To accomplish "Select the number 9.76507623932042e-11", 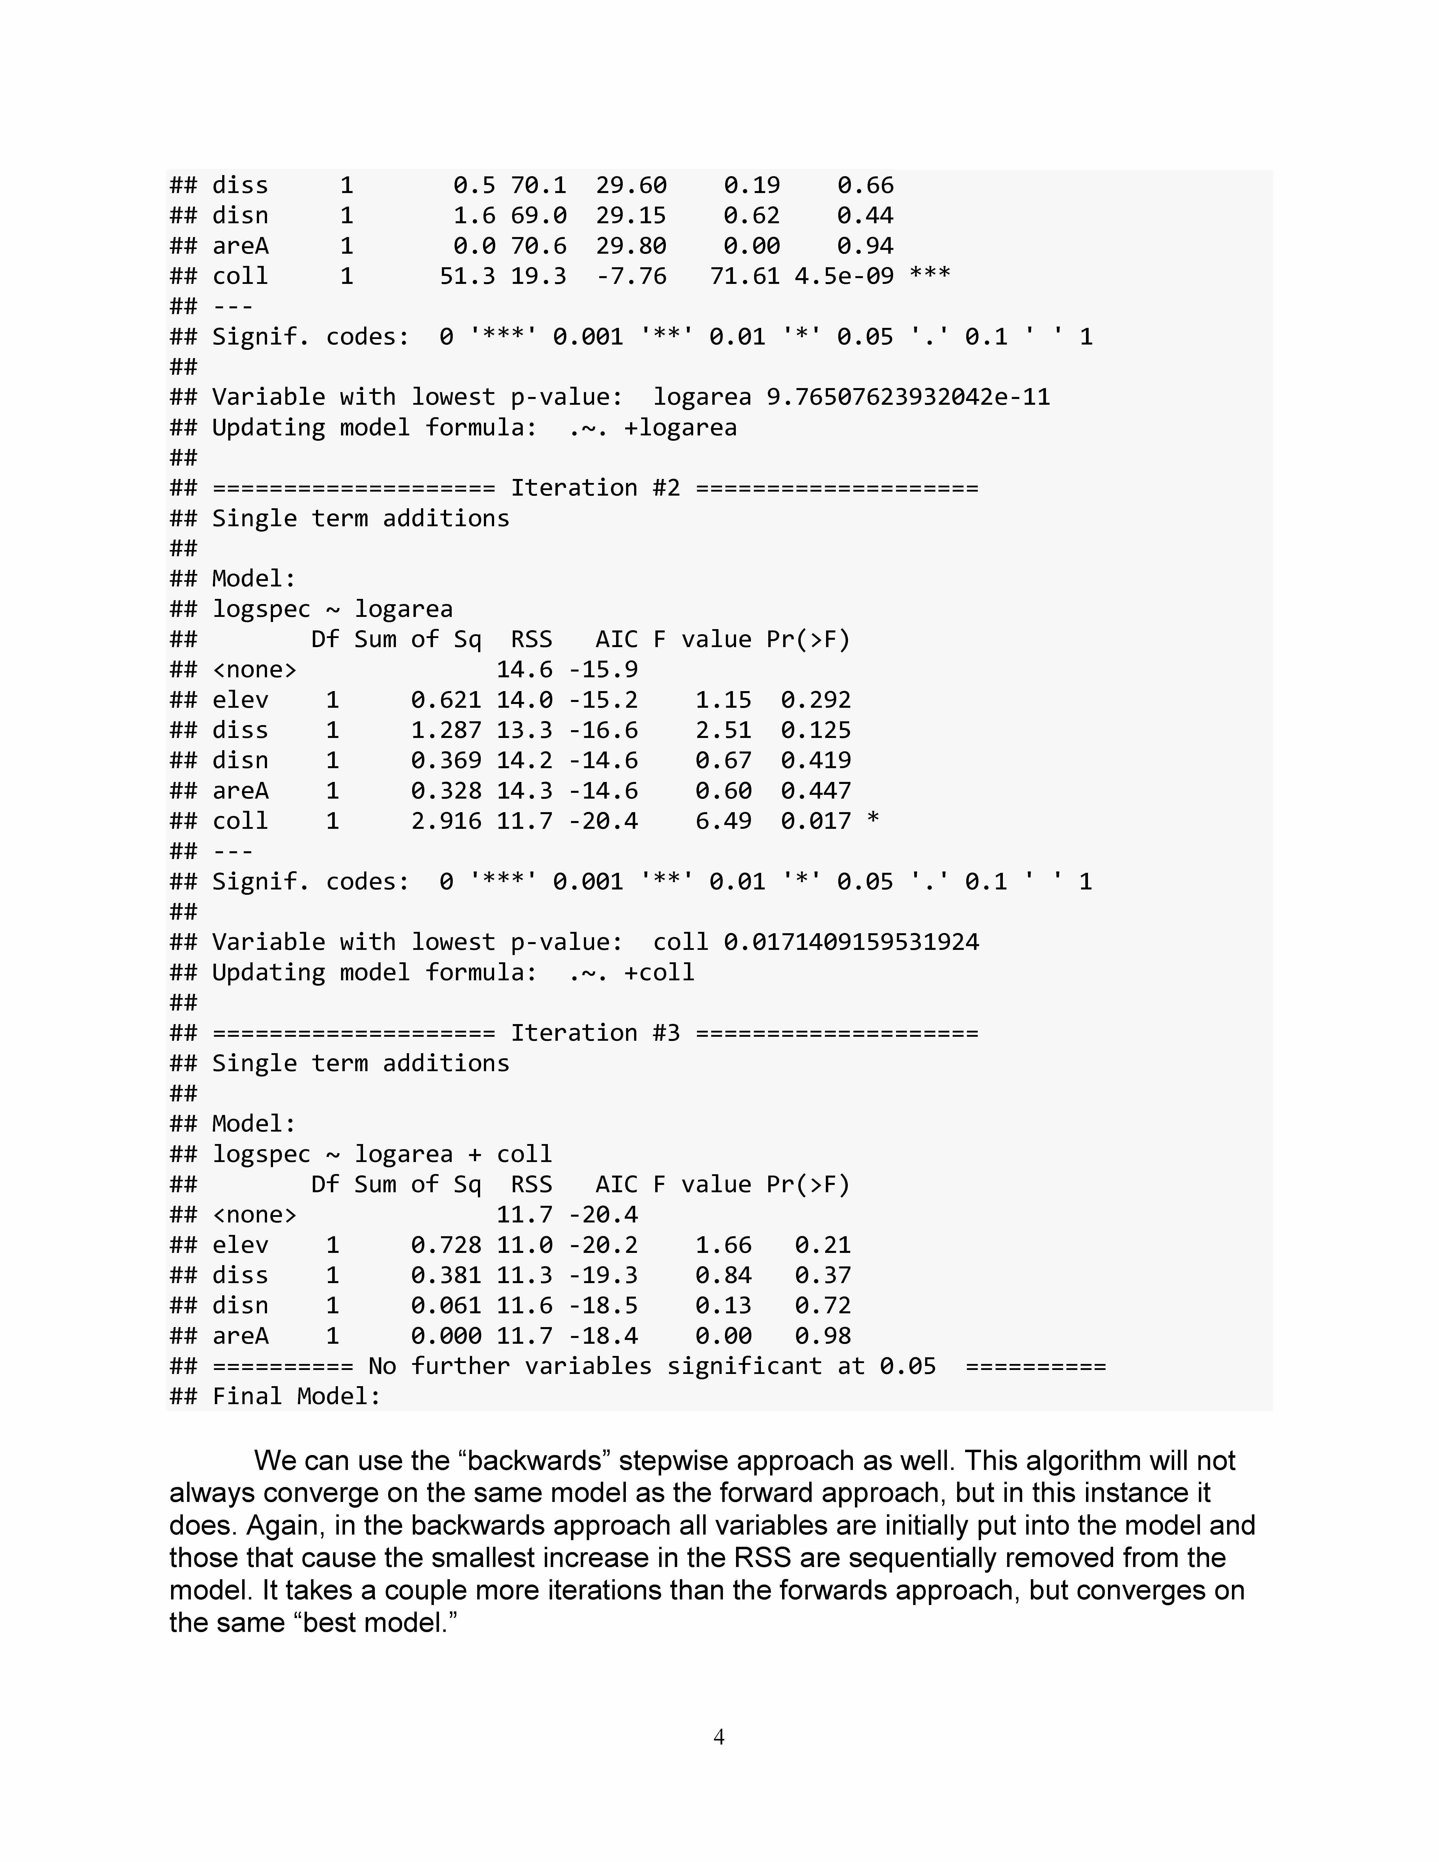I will point(908,397).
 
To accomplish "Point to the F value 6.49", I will point(723,821).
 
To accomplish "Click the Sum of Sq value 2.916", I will point(446,821).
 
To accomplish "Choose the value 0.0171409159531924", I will point(851,942).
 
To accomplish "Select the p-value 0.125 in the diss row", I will point(815,730).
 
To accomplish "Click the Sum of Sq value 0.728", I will point(446,1245).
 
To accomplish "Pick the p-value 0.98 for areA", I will point(823,1336).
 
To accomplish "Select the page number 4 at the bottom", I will point(719,1737).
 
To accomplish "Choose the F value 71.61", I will point(744,276).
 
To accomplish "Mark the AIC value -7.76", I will point(631,276).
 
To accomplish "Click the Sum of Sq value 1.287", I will point(446,730).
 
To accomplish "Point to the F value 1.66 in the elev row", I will point(723,1245).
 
